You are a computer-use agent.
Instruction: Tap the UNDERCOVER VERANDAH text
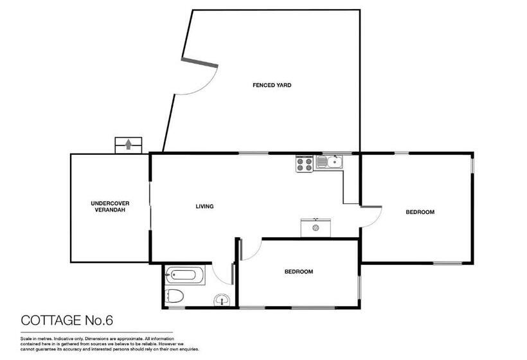point(107,207)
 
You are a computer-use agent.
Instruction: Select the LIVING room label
point(204,206)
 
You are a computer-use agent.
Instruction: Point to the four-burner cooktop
point(304,164)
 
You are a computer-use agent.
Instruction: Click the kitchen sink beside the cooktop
point(334,162)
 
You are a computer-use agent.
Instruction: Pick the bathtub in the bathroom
point(184,276)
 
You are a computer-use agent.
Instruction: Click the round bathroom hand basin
point(222,299)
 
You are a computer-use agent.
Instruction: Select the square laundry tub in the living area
point(316,227)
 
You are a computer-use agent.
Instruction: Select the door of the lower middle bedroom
point(251,249)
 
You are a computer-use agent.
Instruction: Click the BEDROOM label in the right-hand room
point(420,212)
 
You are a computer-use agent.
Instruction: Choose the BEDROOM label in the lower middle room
point(298,272)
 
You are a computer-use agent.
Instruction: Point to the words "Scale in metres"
point(37,337)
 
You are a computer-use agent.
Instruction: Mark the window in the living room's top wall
point(253,153)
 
